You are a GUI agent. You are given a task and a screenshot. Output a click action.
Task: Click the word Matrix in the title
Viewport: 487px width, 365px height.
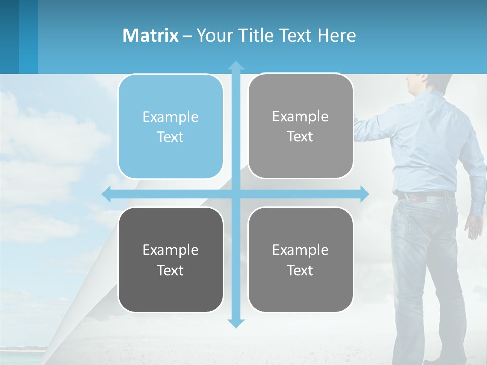tap(150, 35)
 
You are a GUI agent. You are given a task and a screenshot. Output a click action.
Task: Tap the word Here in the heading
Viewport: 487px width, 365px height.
tap(337, 35)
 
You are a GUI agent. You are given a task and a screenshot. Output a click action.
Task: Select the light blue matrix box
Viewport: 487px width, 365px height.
tap(170, 127)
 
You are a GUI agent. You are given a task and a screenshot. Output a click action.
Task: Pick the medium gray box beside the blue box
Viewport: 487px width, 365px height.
tap(300, 126)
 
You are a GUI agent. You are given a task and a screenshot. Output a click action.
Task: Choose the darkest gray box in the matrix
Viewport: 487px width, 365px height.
tap(170, 260)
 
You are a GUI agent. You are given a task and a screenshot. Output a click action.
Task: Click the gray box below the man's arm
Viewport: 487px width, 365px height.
tap(300, 260)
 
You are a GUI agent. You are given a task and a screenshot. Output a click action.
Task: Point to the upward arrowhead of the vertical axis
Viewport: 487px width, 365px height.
tap(236, 65)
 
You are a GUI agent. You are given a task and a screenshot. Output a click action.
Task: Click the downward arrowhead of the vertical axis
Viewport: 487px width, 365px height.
tap(236, 323)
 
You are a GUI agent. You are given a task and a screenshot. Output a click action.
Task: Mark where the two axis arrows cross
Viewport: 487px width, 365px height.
tap(236, 194)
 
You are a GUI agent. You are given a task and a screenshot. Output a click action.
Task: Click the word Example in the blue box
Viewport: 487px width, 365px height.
tap(170, 117)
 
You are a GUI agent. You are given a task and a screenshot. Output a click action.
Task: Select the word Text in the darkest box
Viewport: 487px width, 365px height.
tap(170, 270)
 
